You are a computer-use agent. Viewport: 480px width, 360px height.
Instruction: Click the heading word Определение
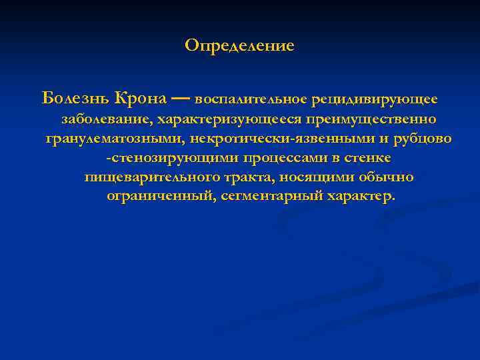[x=239, y=46]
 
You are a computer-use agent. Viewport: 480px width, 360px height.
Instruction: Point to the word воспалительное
[x=251, y=99]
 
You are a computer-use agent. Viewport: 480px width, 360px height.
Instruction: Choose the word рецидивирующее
[x=375, y=99]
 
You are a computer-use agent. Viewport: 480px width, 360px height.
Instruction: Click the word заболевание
[x=106, y=119]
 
